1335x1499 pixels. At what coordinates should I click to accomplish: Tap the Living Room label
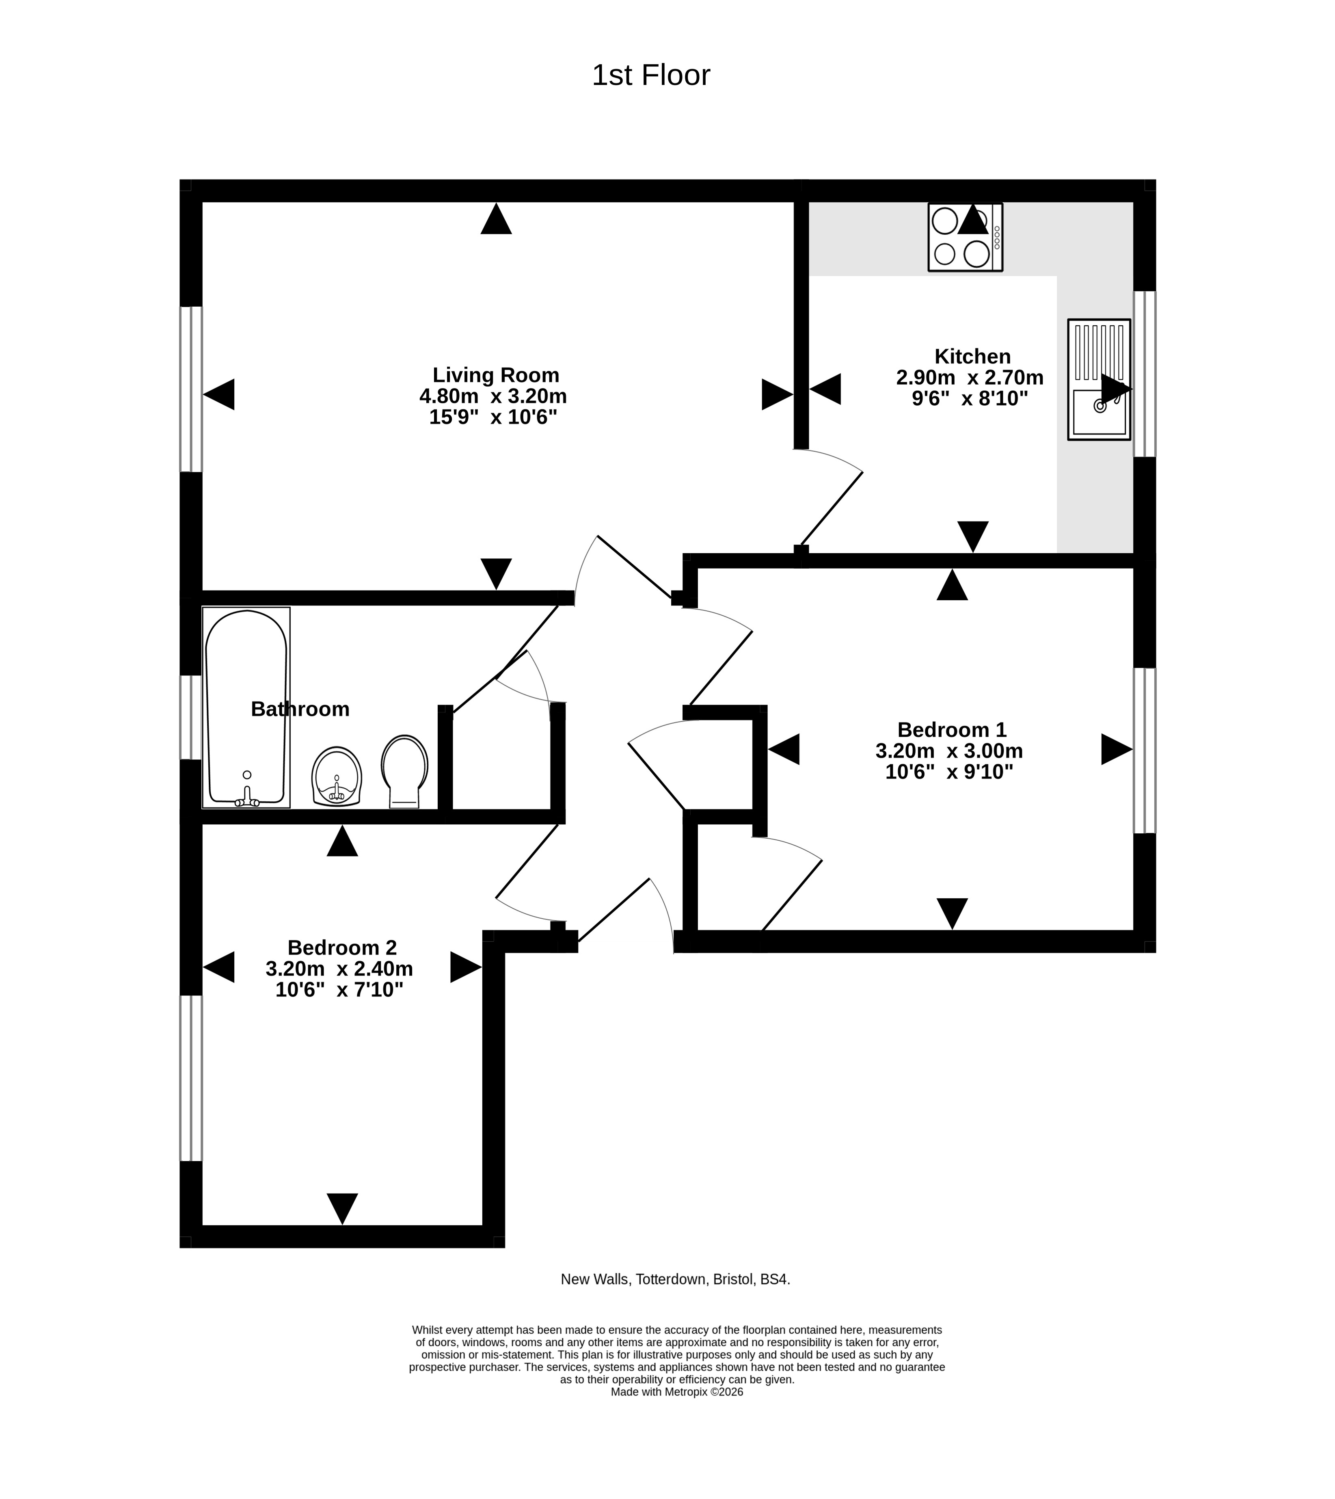click(496, 375)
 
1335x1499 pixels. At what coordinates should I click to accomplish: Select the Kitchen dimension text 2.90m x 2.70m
click(970, 378)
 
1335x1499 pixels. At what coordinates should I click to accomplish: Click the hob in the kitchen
click(965, 237)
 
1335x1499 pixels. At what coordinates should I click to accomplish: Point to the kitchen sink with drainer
click(1099, 379)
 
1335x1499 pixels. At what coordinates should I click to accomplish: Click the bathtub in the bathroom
click(246, 707)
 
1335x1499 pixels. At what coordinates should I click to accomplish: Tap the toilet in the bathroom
click(404, 771)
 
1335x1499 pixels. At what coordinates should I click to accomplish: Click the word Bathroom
click(300, 709)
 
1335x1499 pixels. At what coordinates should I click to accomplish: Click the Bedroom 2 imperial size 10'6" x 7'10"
click(339, 990)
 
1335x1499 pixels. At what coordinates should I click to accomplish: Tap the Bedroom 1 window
click(1144, 751)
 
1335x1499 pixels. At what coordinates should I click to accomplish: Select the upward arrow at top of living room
click(496, 218)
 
